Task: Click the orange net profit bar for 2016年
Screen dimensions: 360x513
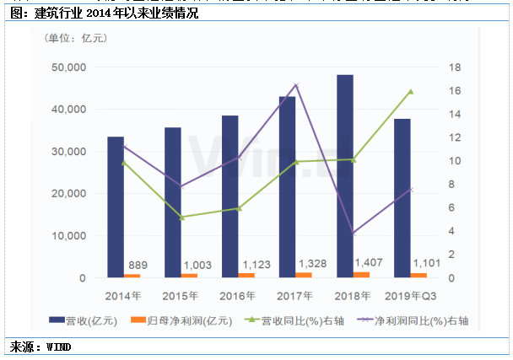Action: coord(246,275)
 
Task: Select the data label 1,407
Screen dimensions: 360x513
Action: coord(369,263)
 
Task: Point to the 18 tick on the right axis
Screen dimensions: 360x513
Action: coord(452,67)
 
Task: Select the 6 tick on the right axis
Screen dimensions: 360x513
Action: coord(452,207)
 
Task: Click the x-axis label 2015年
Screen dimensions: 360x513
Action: coord(181,295)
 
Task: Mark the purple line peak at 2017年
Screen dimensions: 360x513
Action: coord(296,85)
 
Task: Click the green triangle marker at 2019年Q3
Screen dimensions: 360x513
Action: coord(411,91)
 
